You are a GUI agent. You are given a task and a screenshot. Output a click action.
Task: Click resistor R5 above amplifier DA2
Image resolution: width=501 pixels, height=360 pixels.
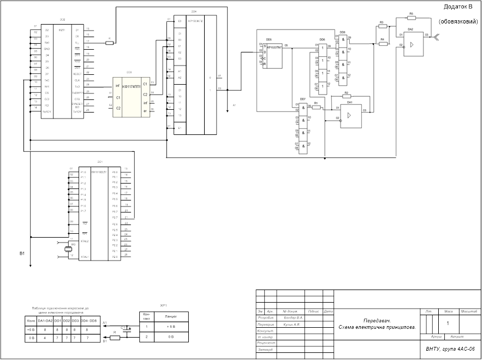411,18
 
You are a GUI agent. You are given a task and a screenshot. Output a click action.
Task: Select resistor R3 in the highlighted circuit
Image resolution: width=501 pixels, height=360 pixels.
383,26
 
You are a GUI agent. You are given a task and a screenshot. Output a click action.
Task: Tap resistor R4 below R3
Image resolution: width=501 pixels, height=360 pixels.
383,43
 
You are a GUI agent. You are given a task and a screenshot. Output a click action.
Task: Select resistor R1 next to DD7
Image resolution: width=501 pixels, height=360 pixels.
316,107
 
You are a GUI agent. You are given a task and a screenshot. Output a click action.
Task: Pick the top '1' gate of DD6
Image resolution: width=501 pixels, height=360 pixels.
323,48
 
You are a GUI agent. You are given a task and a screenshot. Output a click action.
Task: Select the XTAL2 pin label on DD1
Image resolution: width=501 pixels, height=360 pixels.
85,241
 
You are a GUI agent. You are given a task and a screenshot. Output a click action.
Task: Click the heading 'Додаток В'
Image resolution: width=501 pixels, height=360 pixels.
462,7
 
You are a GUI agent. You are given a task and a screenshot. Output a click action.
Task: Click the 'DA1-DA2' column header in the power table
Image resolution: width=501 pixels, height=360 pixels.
45,321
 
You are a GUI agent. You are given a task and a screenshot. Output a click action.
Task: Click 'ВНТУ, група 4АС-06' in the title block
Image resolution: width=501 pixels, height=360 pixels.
450,348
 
